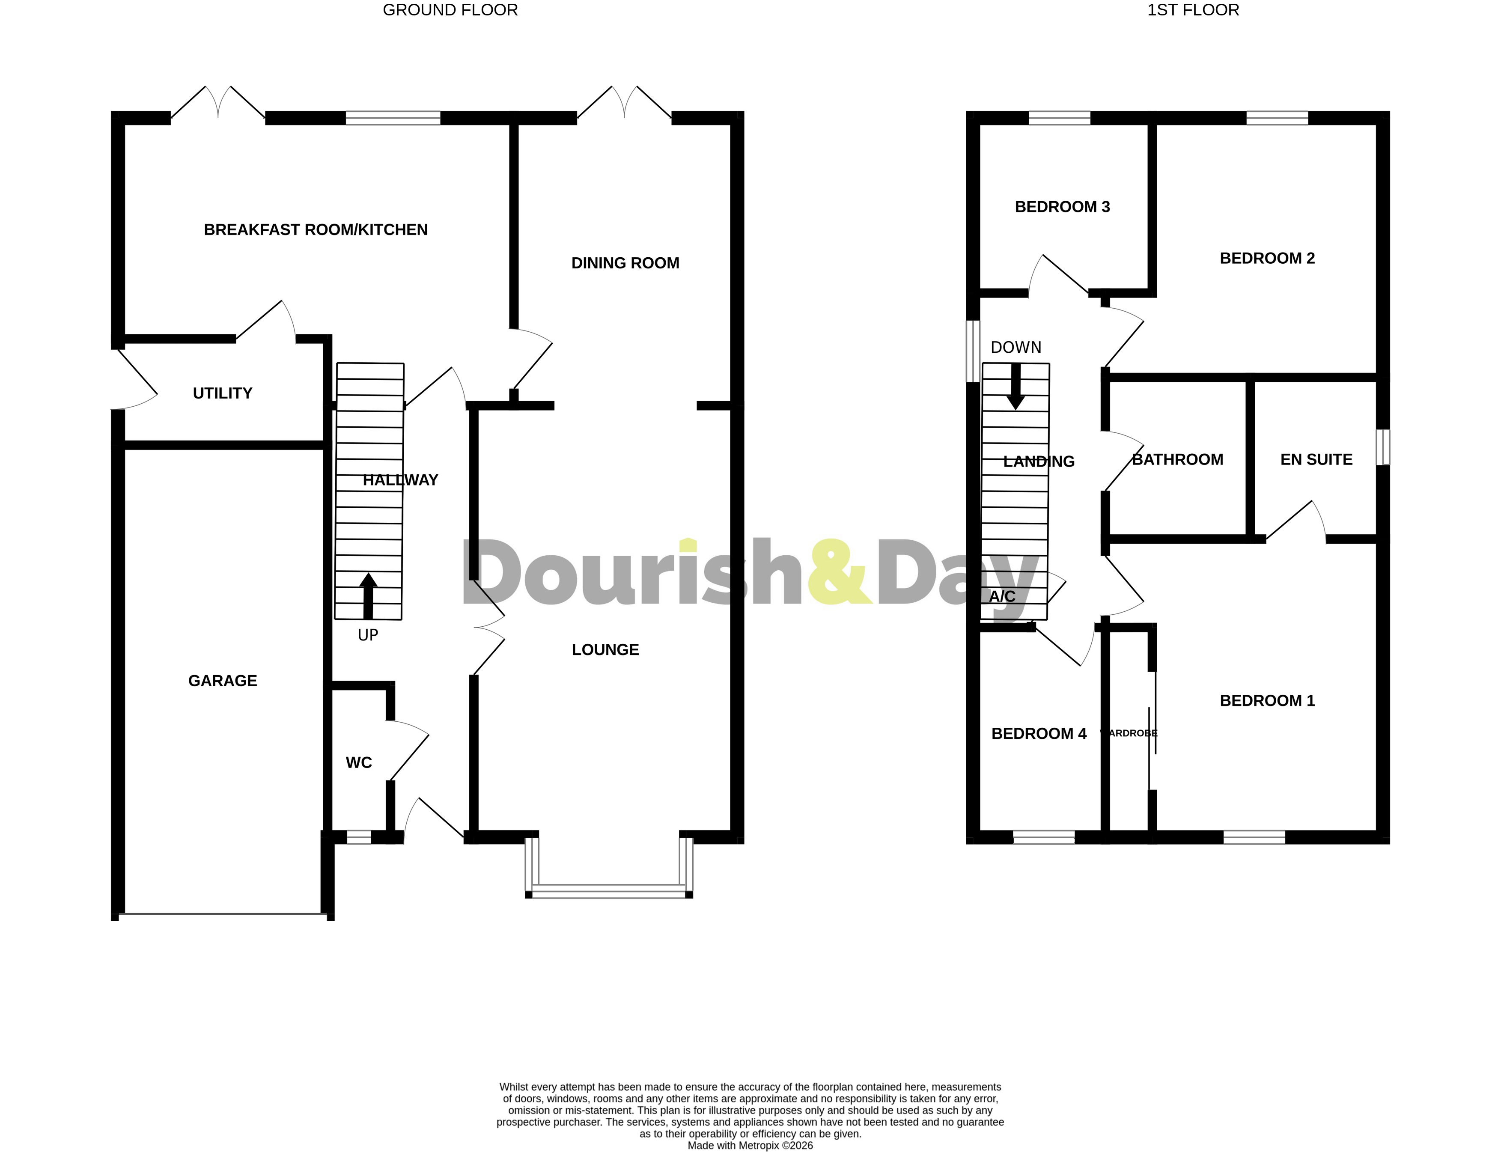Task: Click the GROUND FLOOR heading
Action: [450, 10]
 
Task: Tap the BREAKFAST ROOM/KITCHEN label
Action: [316, 230]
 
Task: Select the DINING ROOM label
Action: [625, 263]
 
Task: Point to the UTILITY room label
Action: [222, 393]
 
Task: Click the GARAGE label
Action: [222, 681]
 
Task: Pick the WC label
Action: [359, 762]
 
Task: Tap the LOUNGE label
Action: [605, 650]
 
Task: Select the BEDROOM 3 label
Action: [1061, 207]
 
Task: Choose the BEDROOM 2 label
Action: [1266, 259]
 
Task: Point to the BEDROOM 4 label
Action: [1038, 734]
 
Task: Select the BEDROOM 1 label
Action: [1266, 701]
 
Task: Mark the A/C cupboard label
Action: [1002, 597]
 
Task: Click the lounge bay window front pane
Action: [609, 891]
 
